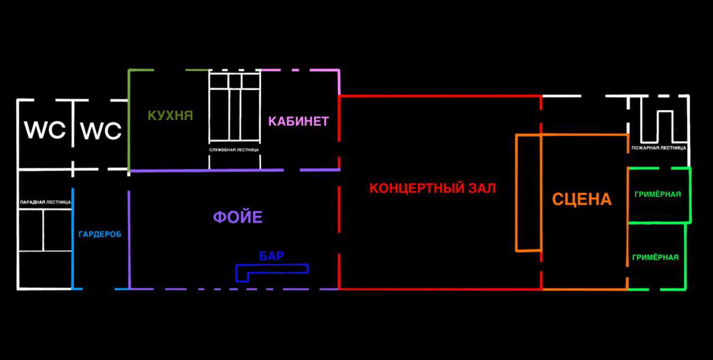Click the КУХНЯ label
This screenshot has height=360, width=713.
[170, 115]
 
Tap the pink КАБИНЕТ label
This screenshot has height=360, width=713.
[299, 121]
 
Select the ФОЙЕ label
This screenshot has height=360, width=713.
[238, 217]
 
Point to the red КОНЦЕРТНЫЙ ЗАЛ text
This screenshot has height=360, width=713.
[433, 188]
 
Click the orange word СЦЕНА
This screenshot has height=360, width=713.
[582, 200]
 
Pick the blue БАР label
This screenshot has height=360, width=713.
[271, 256]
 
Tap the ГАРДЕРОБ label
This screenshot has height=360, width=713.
[100, 235]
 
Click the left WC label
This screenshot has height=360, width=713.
[45, 130]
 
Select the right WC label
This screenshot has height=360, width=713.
[101, 130]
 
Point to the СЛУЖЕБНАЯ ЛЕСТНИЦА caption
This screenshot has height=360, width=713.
[234, 150]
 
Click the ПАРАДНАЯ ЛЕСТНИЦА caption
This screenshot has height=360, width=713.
[45, 202]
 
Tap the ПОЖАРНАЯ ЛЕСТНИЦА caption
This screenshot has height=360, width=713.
[659, 148]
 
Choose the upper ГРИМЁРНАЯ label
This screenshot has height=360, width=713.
[658, 194]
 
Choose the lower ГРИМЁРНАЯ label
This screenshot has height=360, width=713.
[656, 257]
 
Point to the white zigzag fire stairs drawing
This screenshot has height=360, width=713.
[642, 119]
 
